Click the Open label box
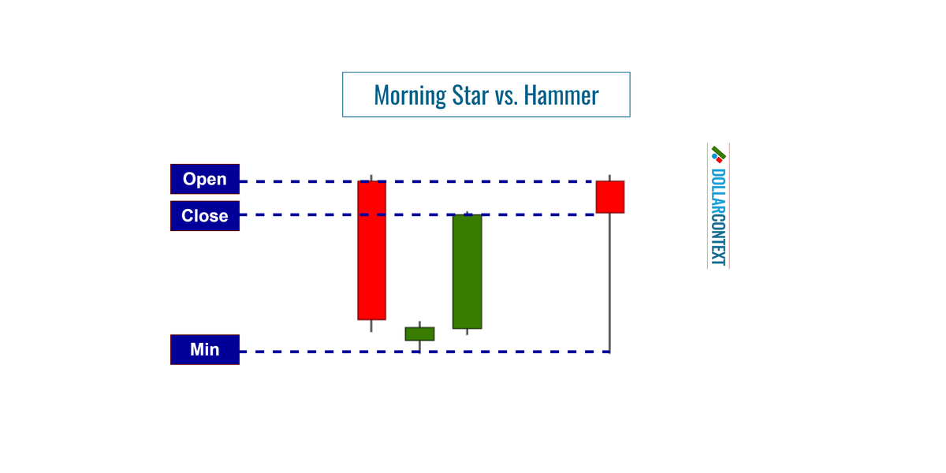(205, 179)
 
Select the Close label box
(205, 216)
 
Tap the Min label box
(205, 349)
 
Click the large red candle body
(371, 250)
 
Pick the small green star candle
(419, 333)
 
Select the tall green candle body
(467, 271)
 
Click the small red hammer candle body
(610, 196)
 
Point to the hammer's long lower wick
(610, 284)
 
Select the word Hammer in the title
(561, 95)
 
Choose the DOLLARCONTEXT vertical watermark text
(718, 217)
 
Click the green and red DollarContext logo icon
(718, 154)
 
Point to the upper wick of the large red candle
(371, 177)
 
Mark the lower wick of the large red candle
(371, 326)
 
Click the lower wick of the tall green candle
(467, 332)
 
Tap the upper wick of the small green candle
(419, 324)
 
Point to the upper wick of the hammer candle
(610, 177)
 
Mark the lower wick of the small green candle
(419, 346)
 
